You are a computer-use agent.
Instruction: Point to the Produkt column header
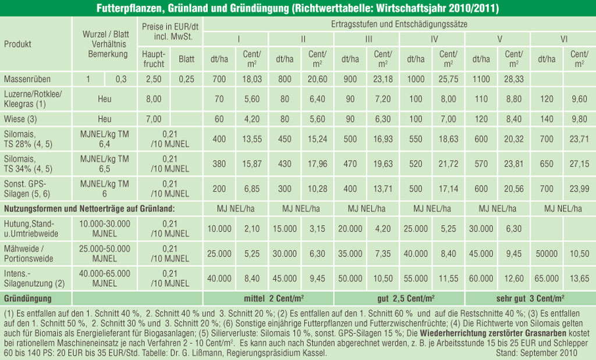click(x=18, y=44)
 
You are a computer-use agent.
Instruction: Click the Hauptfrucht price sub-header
click(x=154, y=59)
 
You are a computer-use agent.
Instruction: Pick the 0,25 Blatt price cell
click(x=186, y=79)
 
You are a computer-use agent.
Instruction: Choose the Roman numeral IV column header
click(x=434, y=40)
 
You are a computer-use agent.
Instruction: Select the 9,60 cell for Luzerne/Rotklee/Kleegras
click(x=579, y=99)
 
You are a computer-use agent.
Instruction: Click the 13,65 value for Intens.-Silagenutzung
click(x=579, y=278)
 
